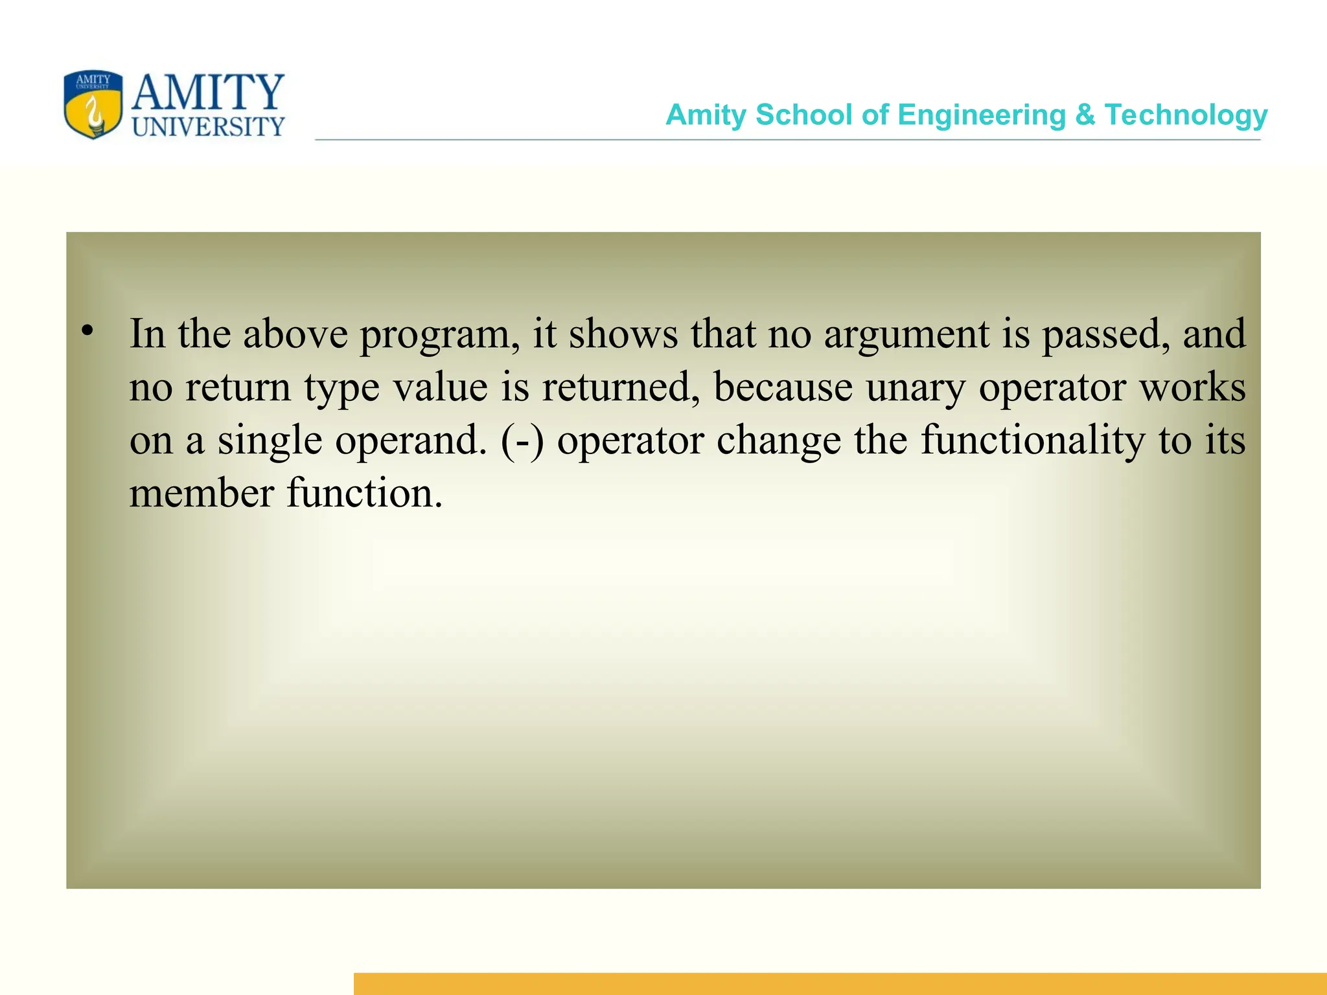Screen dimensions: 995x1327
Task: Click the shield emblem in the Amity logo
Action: point(93,105)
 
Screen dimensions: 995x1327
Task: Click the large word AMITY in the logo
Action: point(208,93)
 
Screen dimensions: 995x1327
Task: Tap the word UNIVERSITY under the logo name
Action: point(208,127)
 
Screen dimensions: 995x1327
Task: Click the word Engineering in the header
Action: point(982,115)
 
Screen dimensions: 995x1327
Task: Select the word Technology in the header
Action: point(1186,115)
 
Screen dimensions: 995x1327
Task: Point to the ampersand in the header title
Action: point(1085,115)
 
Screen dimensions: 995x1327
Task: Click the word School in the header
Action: point(803,115)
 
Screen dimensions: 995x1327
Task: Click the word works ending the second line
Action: point(1192,387)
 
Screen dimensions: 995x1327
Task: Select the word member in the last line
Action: point(202,494)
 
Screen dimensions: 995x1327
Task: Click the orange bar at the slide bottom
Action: point(840,983)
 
